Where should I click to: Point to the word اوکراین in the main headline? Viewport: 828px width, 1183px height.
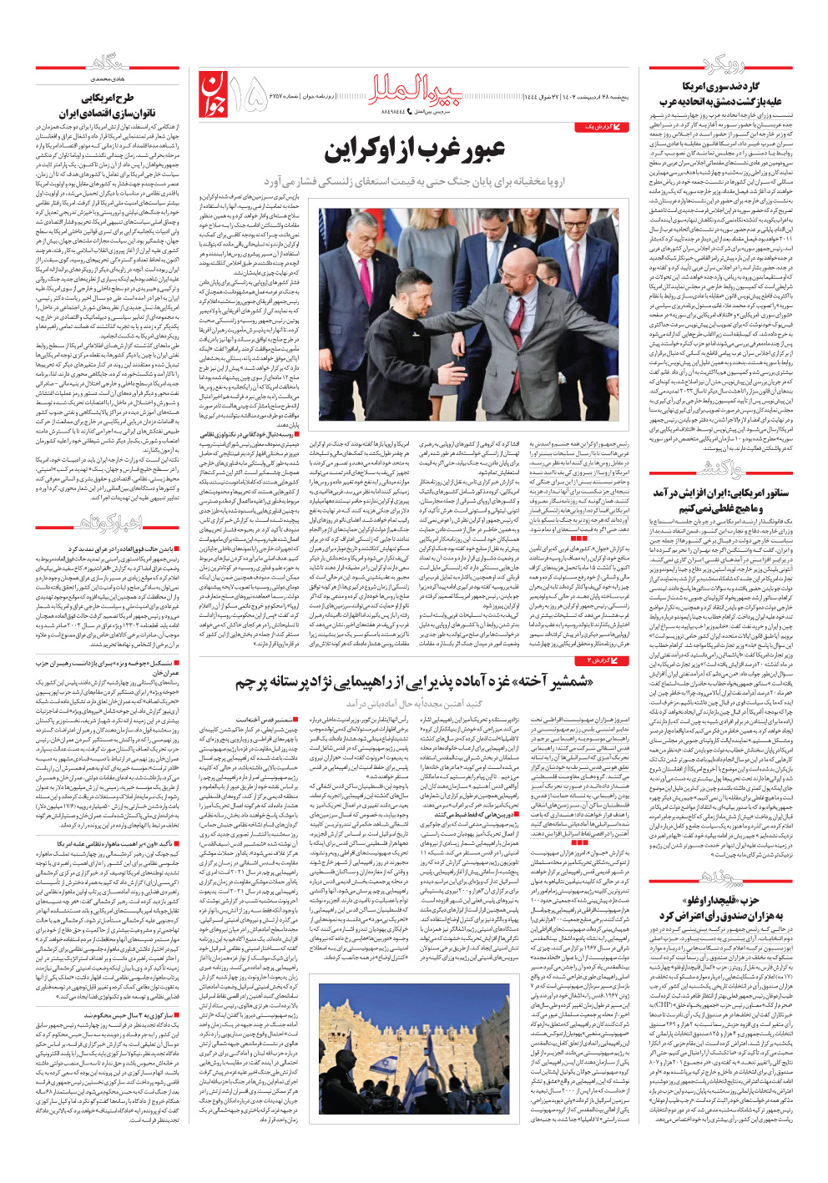[368, 151]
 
